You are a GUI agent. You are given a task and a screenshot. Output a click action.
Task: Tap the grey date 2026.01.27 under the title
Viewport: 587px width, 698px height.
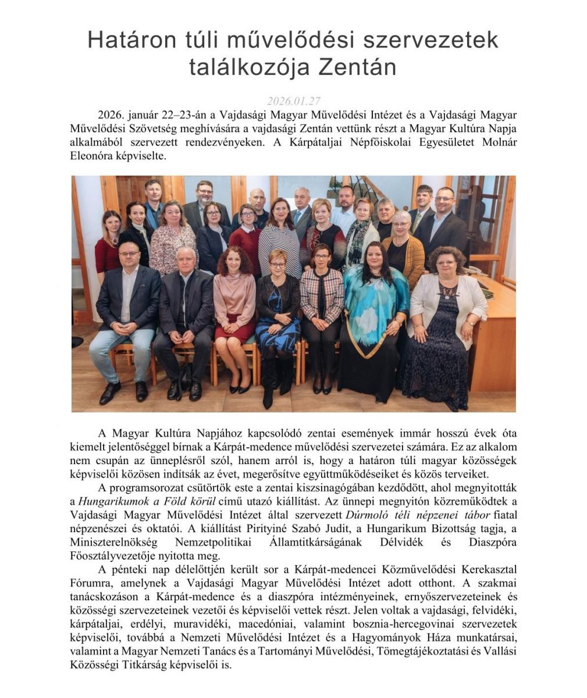294,100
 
